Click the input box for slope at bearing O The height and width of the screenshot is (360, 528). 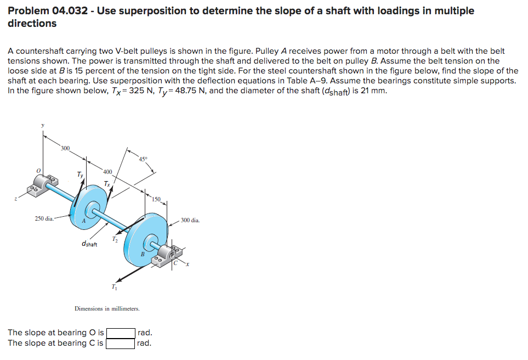(x=121, y=333)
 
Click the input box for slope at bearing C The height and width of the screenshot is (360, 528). (x=121, y=344)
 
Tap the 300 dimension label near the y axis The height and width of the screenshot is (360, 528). (x=65, y=148)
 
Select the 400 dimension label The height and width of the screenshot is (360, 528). (x=107, y=172)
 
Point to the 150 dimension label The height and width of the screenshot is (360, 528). (x=156, y=199)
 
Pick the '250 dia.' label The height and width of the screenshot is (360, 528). (x=44, y=219)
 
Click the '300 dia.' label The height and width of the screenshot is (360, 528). (x=190, y=220)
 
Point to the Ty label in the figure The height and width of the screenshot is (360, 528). (x=80, y=175)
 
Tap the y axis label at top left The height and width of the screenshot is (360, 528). (x=43, y=125)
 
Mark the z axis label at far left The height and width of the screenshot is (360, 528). (x=16, y=200)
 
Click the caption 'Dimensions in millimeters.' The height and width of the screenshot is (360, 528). (x=107, y=309)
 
